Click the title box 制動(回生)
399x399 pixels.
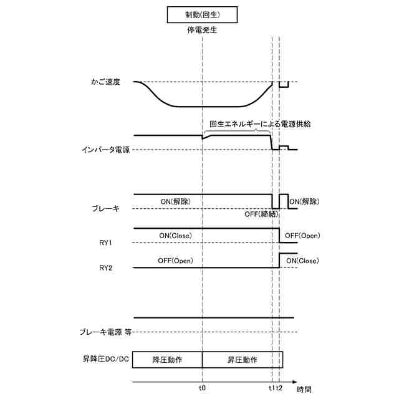tap(203, 14)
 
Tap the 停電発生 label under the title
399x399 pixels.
tap(203, 29)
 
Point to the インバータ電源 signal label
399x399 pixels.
tap(105, 150)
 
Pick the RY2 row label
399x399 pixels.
tap(105, 268)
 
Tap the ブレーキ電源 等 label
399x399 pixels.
tap(105, 332)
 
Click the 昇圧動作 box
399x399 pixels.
tap(243, 360)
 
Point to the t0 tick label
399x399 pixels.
tap(203, 388)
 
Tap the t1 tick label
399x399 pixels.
tap(272, 388)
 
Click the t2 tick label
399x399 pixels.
tap(280, 388)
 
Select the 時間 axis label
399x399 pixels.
tap(304, 389)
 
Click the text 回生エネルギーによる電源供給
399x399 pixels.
tap(260, 124)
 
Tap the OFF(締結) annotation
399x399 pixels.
tap(261, 214)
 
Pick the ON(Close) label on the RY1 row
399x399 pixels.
tap(176, 235)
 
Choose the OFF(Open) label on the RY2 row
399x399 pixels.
tap(175, 261)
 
